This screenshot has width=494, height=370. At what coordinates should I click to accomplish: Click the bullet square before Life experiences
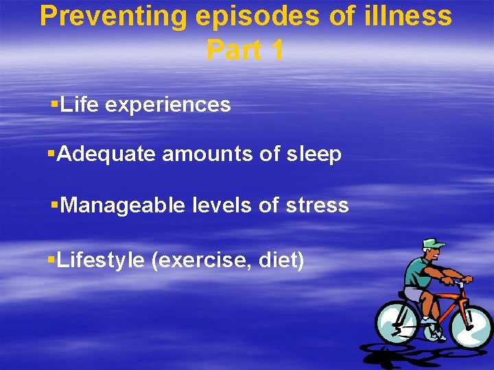54,105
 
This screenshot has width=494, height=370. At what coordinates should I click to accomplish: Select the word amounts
207,155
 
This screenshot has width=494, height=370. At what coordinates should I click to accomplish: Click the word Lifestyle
101,260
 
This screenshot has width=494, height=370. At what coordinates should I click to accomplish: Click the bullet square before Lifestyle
51,260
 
